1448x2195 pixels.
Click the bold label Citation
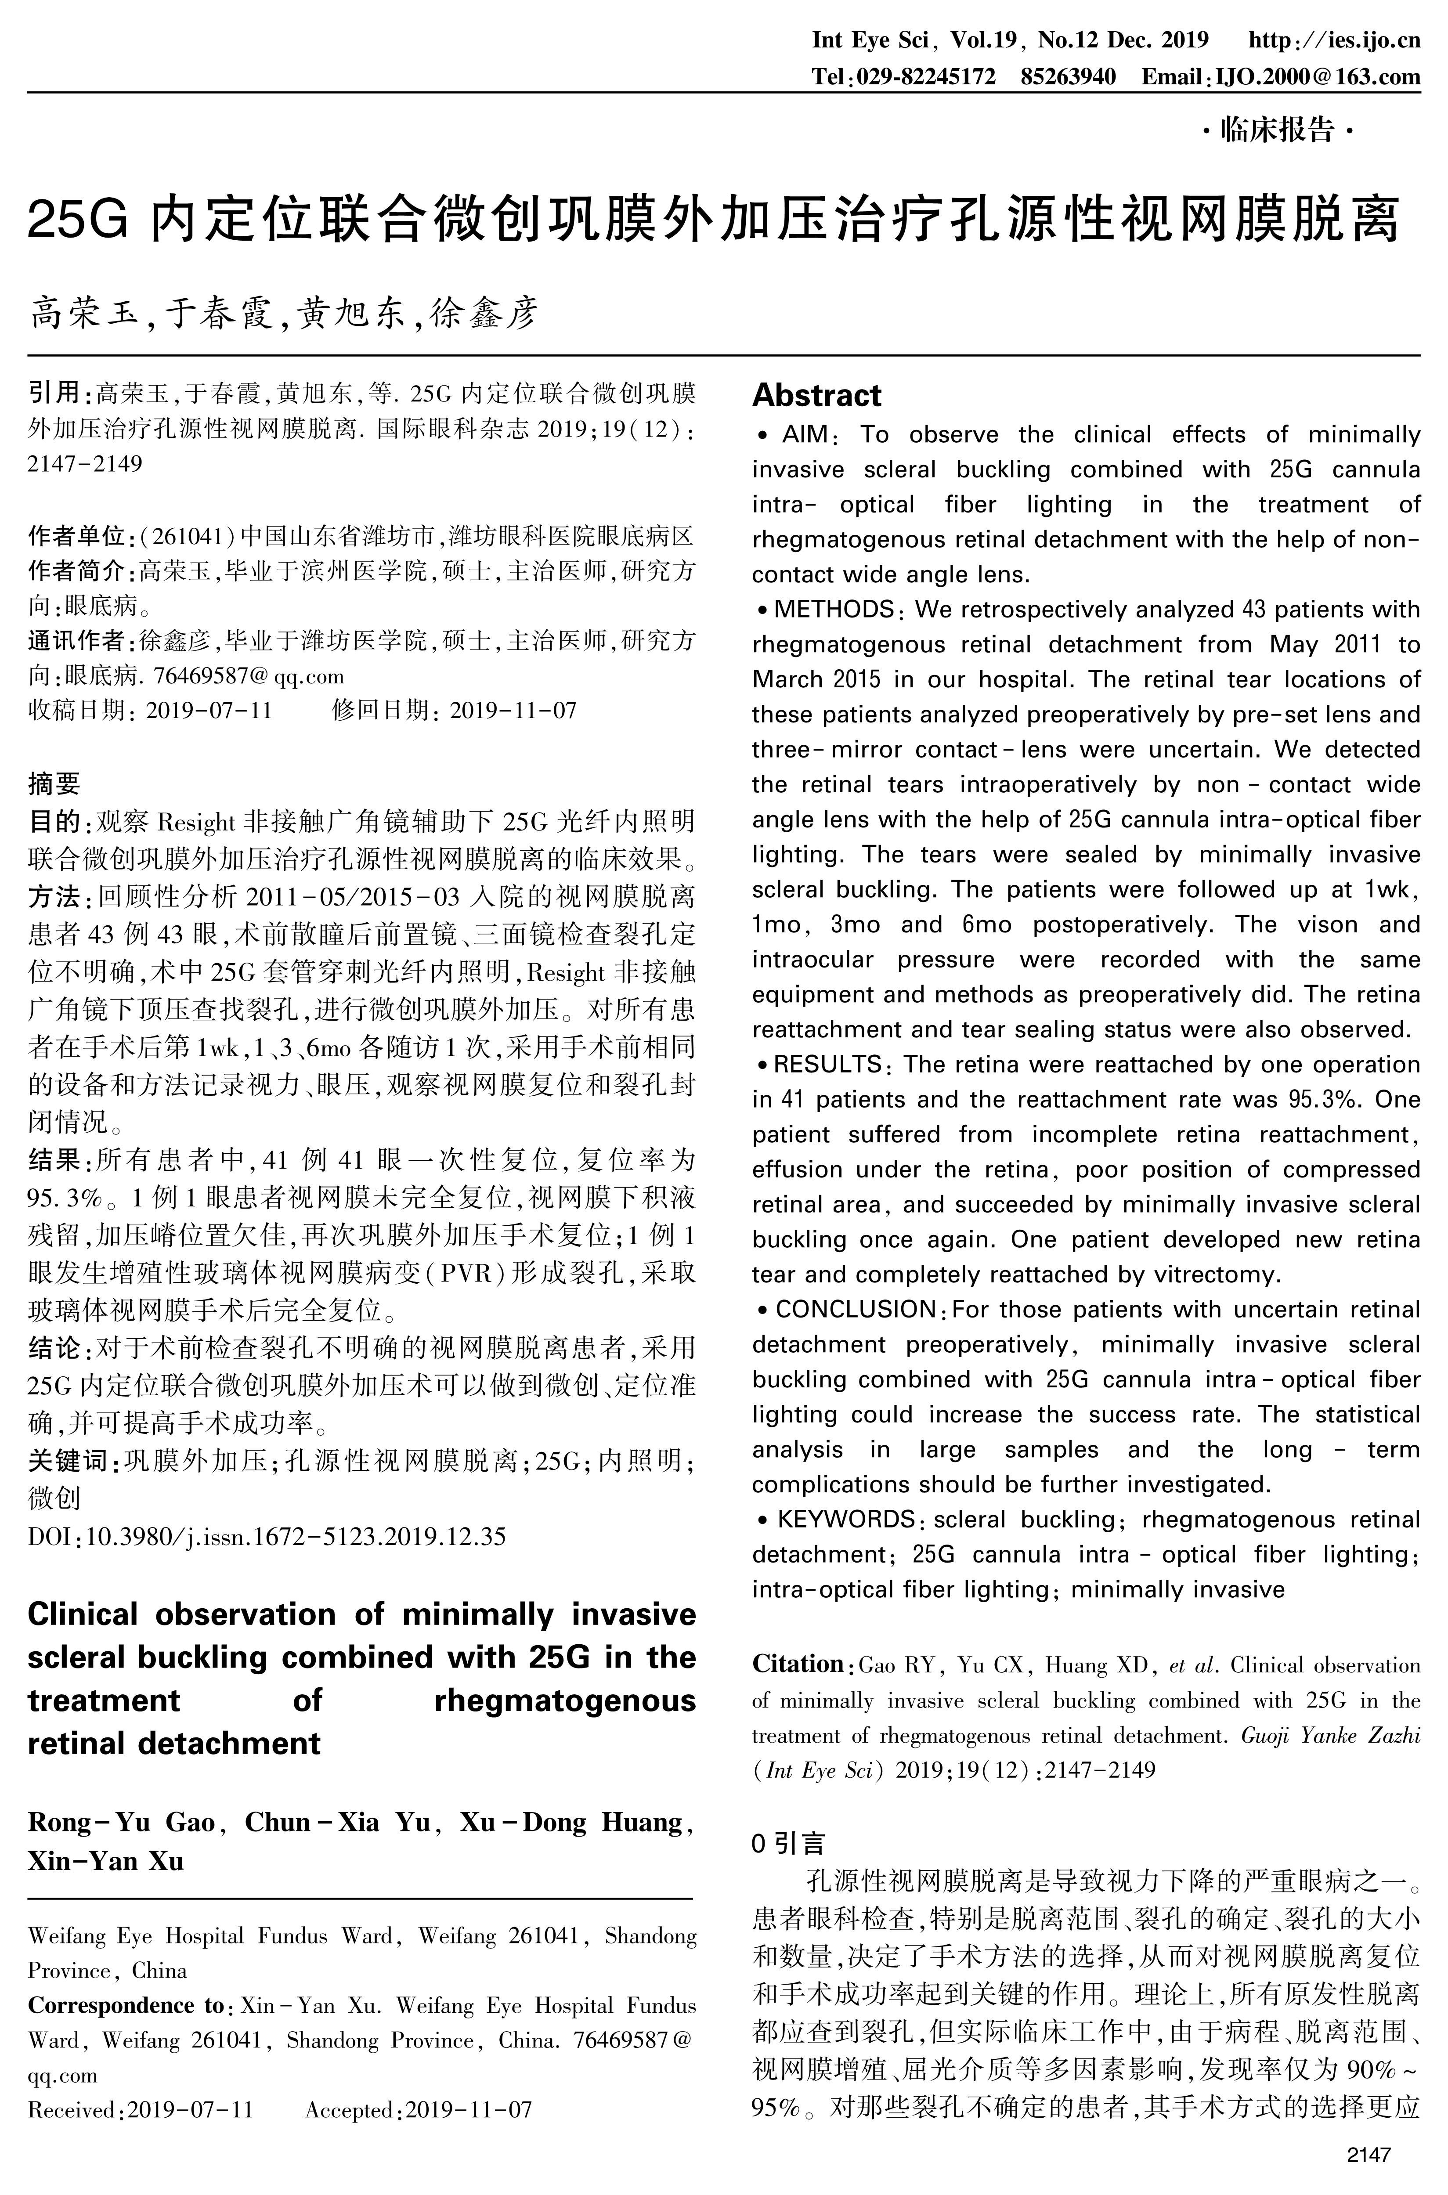(x=798, y=1664)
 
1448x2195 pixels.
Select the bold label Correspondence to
(x=126, y=2005)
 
